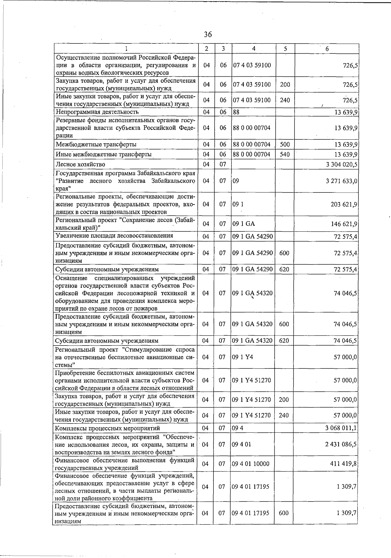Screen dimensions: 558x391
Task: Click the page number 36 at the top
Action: (x=208, y=34)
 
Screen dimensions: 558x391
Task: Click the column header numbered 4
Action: (x=253, y=49)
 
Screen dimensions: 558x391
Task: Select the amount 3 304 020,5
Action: (x=341, y=164)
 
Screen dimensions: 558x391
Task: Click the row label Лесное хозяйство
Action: (x=80, y=164)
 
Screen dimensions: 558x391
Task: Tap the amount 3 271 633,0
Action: (x=341, y=181)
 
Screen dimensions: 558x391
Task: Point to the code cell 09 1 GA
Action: (x=243, y=224)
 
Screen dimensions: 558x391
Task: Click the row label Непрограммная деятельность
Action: (x=97, y=112)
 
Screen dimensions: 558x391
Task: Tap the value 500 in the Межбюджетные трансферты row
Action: (x=285, y=144)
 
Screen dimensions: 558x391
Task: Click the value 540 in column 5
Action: (x=285, y=154)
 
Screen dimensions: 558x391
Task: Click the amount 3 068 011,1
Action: (x=341, y=428)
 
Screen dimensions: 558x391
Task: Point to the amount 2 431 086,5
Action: (x=341, y=444)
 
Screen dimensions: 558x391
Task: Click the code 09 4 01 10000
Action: (x=251, y=464)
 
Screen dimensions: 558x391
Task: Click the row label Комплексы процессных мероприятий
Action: (x=107, y=428)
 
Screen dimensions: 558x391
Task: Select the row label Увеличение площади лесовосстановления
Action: (x=114, y=236)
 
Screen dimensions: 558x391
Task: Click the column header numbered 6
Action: (x=327, y=49)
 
